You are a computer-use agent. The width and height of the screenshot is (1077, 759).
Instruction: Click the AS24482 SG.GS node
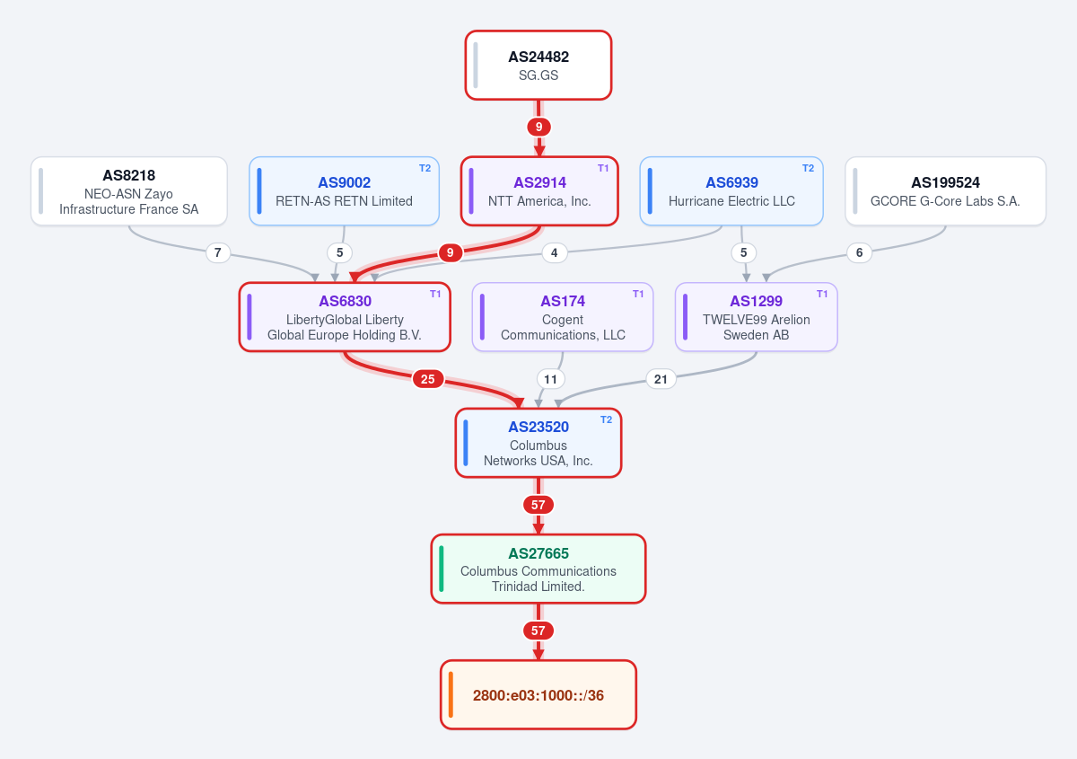[x=538, y=66]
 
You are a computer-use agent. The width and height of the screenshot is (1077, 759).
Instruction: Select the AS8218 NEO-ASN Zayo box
[x=129, y=191]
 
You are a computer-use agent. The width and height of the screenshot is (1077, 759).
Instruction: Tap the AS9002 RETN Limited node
[x=345, y=191]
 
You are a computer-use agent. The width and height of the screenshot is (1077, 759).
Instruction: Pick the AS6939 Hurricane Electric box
[x=731, y=191]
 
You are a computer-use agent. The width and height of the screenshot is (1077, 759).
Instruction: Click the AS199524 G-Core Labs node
[x=945, y=191]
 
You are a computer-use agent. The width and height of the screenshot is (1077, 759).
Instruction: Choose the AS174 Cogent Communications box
[x=563, y=317]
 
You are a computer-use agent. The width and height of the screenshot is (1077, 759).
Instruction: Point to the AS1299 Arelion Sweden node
[x=757, y=317]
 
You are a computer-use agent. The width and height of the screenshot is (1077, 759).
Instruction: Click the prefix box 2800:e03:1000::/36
[x=538, y=694]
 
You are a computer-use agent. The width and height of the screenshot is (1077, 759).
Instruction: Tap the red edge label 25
[x=427, y=379]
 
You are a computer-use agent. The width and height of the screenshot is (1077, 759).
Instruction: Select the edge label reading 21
[x=661, y=379]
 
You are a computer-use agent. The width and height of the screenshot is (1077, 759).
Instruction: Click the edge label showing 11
[x=550, y=379]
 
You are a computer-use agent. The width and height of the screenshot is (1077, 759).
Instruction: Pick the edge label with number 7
[x=218, y=252]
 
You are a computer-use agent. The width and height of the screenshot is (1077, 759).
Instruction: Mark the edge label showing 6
[x=859, y=252]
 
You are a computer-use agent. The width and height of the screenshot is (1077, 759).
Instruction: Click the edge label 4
[x=555, y=252]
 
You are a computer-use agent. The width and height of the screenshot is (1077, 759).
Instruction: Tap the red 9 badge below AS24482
[x=538, y=127]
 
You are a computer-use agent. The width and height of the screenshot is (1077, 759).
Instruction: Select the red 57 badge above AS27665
[x=538, y=505]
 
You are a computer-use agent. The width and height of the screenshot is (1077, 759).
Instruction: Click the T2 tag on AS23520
[x=607, y=419]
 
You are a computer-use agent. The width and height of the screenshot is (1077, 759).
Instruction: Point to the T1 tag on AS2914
[x=603, y=168]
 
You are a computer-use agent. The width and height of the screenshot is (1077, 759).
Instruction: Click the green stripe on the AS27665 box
[x=442, y=569]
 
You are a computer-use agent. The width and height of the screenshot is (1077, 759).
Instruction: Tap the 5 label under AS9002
[x=339, y=252]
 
